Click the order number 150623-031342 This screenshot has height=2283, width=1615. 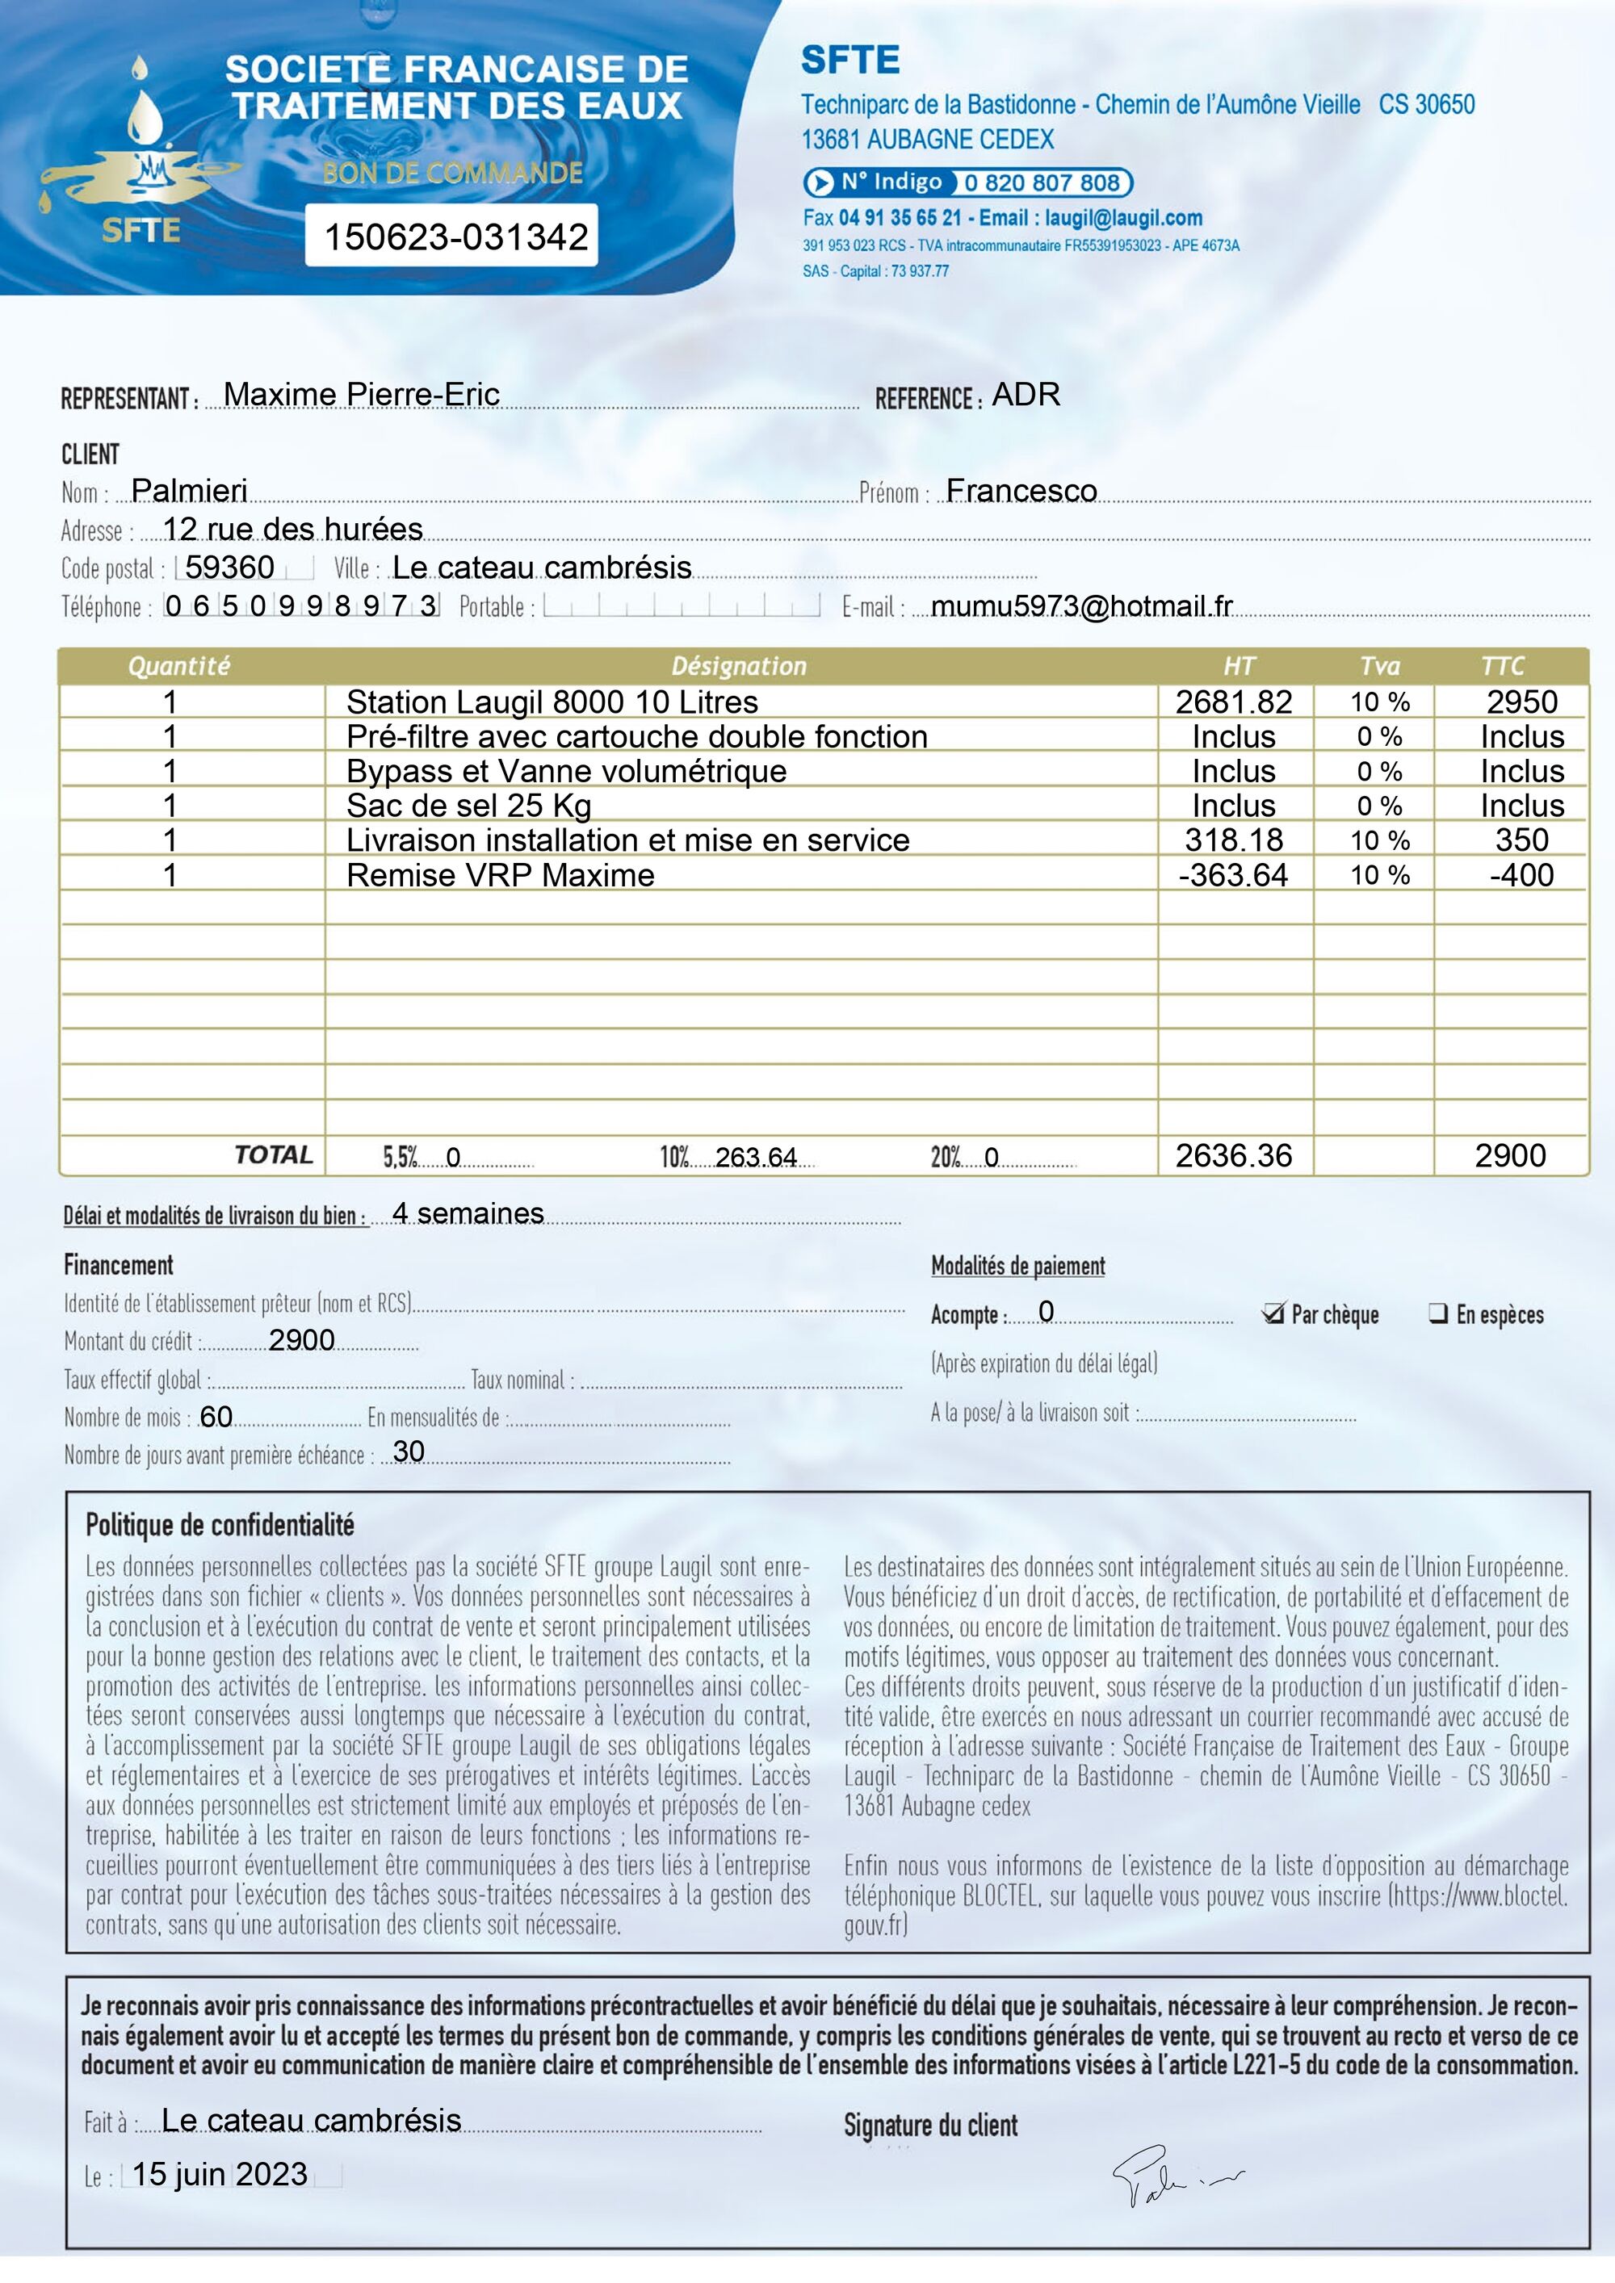455,237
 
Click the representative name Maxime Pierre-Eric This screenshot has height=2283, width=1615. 361,395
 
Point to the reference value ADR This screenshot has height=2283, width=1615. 1026,395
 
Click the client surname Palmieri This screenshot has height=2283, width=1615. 189,490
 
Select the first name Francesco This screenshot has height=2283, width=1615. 1021,490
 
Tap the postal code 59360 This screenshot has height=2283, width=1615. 229,567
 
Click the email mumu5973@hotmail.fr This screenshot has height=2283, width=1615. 1081,605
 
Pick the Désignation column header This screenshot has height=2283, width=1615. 739,666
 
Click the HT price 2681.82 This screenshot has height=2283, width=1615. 1233,702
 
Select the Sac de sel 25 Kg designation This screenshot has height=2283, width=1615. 468,806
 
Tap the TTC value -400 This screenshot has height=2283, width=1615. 1521,875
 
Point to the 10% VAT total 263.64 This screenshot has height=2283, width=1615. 756,1158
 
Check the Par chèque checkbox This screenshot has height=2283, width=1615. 1273,1313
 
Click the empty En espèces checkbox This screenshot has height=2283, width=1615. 1438,1313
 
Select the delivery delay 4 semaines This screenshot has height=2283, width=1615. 468,1213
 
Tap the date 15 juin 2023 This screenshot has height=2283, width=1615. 220,2175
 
